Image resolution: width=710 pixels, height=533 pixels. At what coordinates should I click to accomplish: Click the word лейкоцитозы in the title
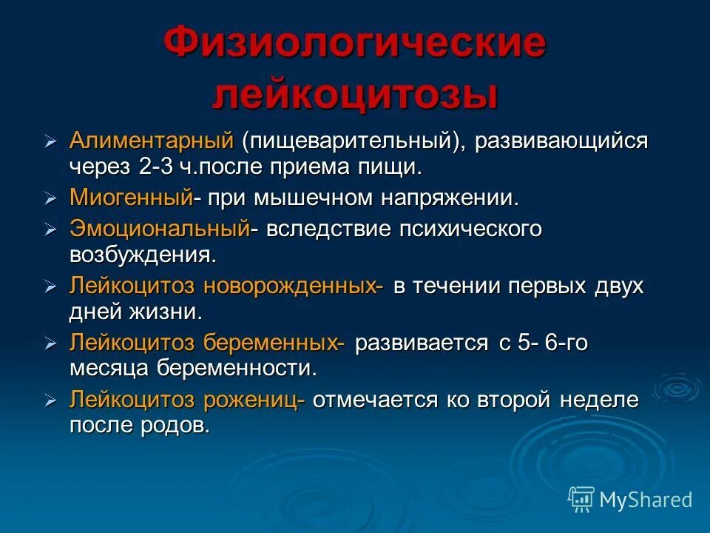point(355,96)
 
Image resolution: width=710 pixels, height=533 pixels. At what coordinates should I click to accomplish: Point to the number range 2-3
point(156,167)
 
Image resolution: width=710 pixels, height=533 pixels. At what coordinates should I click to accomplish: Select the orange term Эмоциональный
point(159,229)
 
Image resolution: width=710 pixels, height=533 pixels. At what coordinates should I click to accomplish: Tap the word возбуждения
point(143,255)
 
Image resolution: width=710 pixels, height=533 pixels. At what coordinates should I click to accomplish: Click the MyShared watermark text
point(646,500)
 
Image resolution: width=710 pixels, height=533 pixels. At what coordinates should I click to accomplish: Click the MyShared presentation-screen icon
point(581,500)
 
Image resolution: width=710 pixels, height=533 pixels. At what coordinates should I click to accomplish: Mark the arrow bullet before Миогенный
point(50,198)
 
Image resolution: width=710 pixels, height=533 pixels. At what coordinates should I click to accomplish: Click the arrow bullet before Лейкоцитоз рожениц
point(50,400)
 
